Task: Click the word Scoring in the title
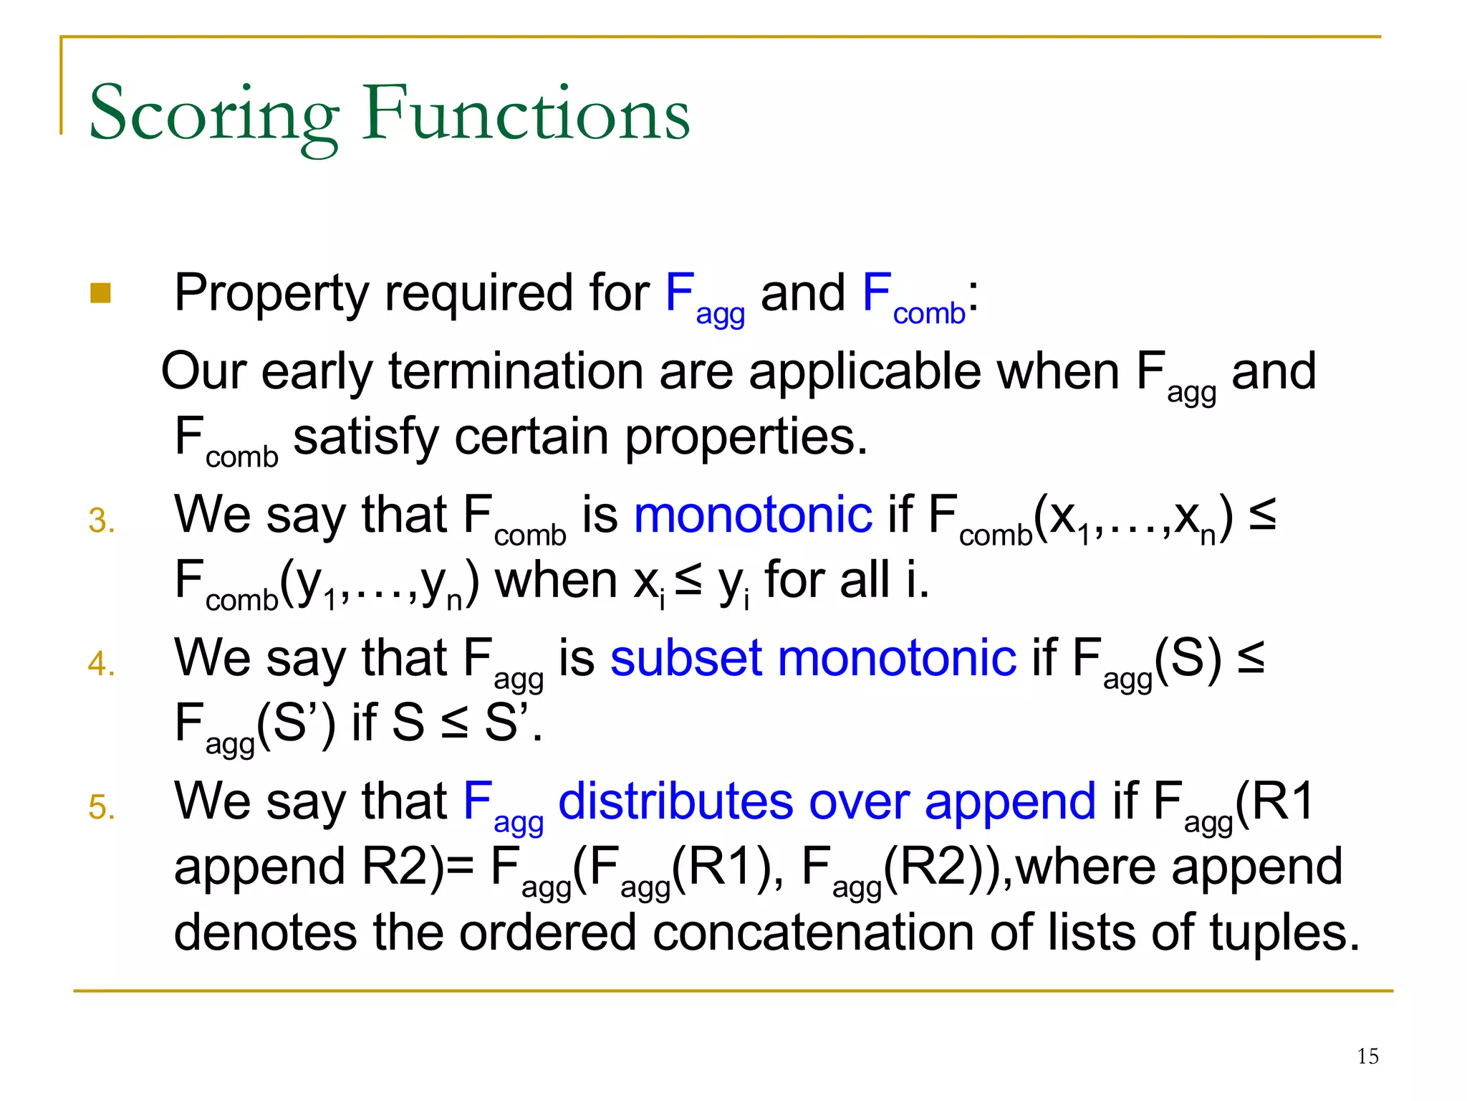click(213, 115)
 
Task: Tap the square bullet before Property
click(101, 293)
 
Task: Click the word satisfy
click(365, 437)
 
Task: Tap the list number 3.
click(101, 521)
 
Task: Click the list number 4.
click(101, 664)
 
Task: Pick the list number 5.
click(101, 808)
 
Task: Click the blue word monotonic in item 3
click(753, 515)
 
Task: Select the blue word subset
click(686, 658)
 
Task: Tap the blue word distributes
click(675, 801)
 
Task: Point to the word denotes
click(265, 933)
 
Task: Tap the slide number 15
click(1367, 1057)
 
